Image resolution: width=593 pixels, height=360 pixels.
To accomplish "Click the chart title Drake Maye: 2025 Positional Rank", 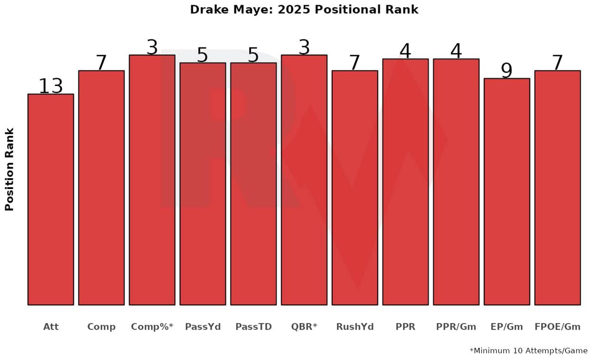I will [304, 9].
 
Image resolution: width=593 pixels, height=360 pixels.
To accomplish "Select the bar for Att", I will [51, 199].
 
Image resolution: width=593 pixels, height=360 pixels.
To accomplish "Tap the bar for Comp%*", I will [152, 180].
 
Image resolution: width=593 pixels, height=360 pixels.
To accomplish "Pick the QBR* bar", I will [304, 180].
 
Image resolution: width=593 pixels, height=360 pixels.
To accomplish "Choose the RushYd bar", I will [354, 188].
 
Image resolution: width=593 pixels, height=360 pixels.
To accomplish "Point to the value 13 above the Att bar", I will [51, 86].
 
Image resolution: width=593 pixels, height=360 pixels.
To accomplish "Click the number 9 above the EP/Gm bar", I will [507, 71].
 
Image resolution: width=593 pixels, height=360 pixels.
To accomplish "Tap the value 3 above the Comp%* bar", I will [152, 47].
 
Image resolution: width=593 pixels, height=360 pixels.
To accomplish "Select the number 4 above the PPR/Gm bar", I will [456, 51].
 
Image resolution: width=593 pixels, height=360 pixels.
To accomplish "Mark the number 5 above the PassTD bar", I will [253, 55].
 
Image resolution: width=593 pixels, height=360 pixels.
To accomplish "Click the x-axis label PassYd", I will [203, 327].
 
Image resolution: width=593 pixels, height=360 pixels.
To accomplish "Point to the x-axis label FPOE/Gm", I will [557, 327].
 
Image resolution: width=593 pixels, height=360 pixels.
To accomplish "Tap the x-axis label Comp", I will [101, 327].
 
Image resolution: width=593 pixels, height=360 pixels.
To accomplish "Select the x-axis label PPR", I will [405, 327].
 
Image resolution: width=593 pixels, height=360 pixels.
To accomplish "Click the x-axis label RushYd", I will [354, 327].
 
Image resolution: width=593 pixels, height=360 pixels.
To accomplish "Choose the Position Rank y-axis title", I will [10, 170].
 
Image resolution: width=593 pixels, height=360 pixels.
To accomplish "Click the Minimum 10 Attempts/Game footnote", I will [528, 351].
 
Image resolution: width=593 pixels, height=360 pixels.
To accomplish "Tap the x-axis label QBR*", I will [304, 327].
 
